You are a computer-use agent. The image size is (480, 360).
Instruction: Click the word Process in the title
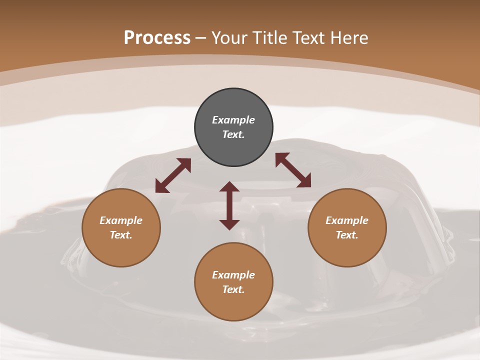coord(157,38)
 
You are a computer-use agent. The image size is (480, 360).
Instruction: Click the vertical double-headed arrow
coord(229,205)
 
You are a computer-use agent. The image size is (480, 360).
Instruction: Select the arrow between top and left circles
coord(173,175)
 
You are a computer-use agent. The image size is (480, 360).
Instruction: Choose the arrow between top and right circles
coord(293,170)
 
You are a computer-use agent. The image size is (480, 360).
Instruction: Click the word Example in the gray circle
coord(233,120)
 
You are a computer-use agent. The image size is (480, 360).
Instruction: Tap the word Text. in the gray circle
coord(233,134)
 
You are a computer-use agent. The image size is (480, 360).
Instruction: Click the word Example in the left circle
coord(121,220)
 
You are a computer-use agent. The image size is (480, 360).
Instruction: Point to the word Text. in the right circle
coord(347,235)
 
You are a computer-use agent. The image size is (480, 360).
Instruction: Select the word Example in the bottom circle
coord(233,275)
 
